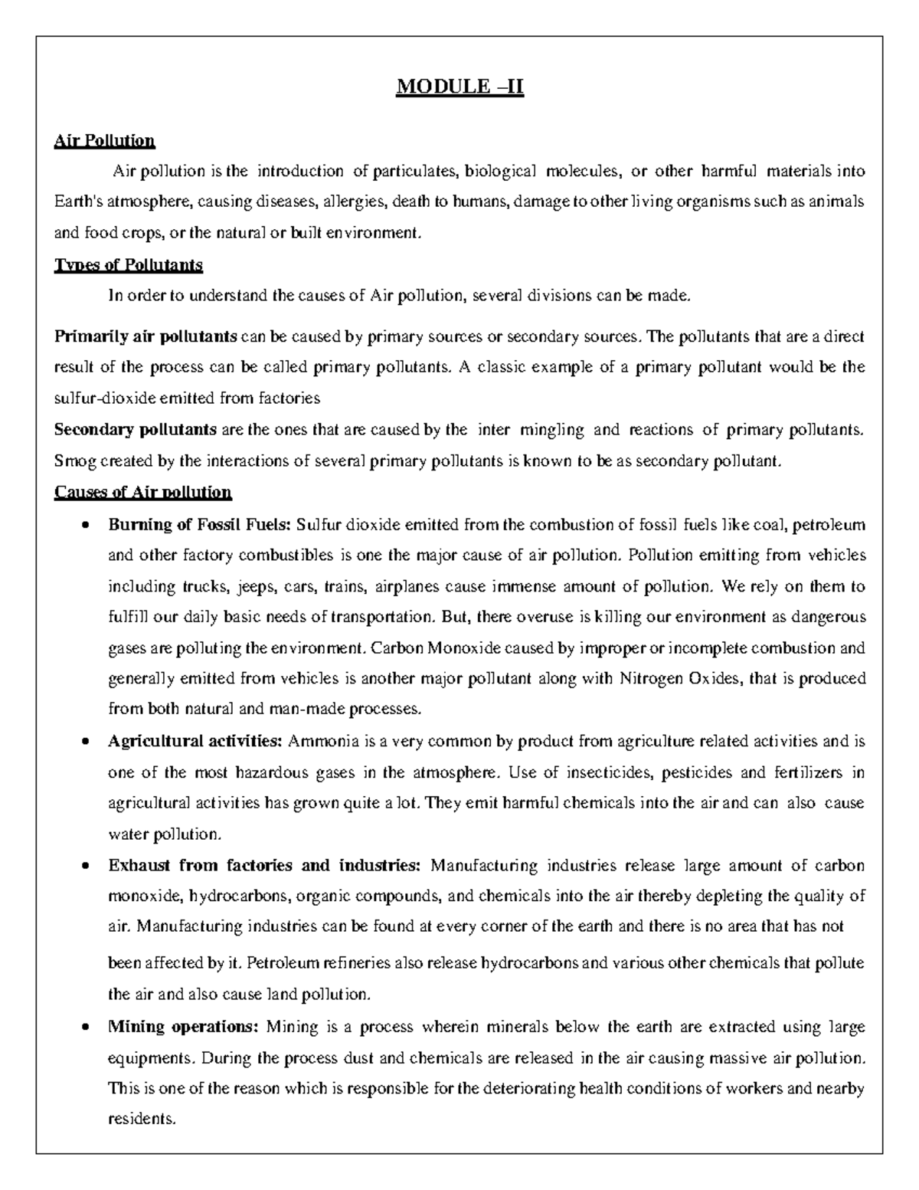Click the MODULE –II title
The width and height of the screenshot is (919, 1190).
click(459, 87)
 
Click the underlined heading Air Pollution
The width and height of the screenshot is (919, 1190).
click(104, 141)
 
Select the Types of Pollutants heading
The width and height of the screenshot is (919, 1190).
click(128, 265)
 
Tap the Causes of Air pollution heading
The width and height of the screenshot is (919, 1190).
click(142, 492)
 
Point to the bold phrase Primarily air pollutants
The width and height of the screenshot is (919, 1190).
click(146, 336)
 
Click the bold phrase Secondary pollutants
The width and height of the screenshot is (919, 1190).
click(136, 430)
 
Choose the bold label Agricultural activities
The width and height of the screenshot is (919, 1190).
click(196, 742)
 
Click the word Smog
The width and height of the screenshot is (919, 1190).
click(70, 461)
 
